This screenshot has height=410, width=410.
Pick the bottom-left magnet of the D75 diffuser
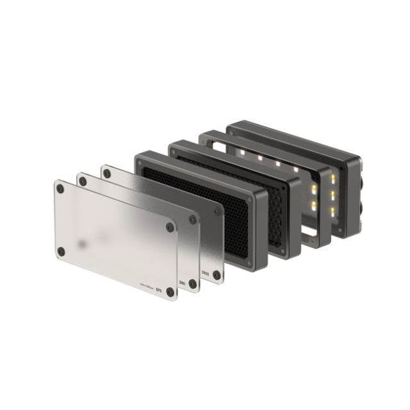click(61, 251)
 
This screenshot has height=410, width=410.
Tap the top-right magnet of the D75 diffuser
click(170, 227)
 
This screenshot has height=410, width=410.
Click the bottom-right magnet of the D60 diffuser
click(193, 283)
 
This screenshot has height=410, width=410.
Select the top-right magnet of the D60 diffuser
click(193, 218)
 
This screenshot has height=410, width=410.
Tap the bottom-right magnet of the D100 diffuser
click(217, 275)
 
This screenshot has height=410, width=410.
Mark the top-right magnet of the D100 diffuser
click(217, 211)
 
